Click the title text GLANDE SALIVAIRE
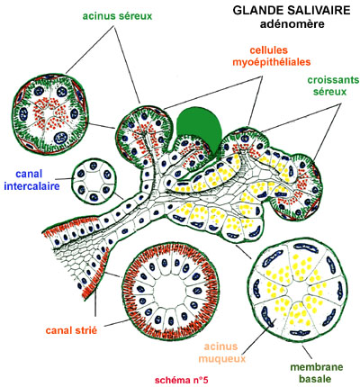point(292,10)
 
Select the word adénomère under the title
point(292,24)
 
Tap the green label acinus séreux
point(117,16)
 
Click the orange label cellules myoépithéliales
point(271,56)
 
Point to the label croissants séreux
point(333,85)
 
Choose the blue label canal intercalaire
point(31,180)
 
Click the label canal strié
point(71,330)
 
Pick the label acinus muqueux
point(221,353)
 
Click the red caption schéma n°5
point(182,380)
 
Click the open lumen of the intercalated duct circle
point(94,181)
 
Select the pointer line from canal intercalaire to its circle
point(67,178)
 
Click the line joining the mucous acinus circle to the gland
point(244,251)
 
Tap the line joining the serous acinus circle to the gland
point(102,126)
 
